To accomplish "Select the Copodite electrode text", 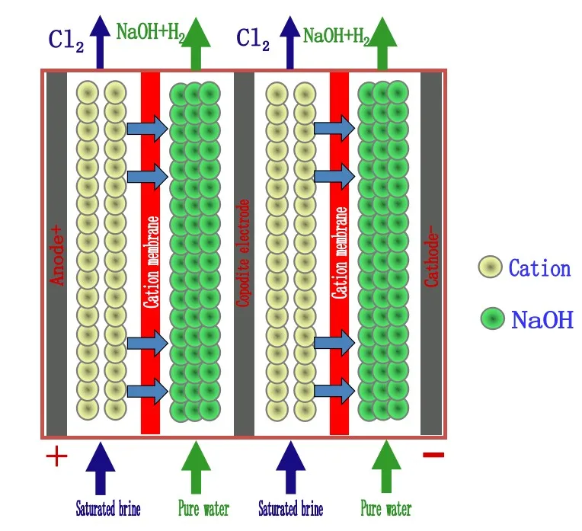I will [x=244, y=254].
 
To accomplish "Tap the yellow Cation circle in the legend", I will [x=490, y=267].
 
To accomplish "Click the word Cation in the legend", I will [x=539, y=268].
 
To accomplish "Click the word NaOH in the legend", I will [x=542, y=319].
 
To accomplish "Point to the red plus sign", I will [x=56, y=457].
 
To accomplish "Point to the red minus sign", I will [x=433, y=456].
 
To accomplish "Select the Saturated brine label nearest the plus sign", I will [x=107, y=509].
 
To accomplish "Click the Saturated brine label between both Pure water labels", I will [x=290, y=509].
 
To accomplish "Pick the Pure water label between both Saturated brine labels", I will [x=203, y=509].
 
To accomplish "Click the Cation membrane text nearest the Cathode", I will [x=339, y=253].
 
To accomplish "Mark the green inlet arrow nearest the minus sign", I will [x=385, y=467].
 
